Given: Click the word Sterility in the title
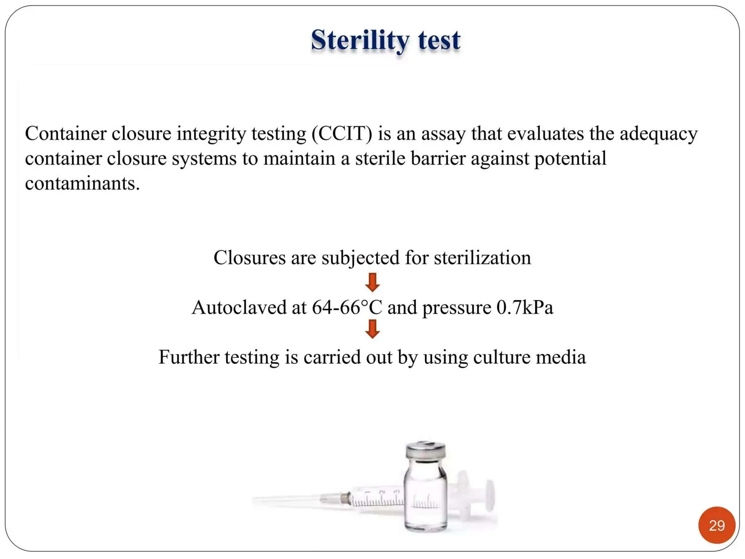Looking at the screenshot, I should click(359, 40).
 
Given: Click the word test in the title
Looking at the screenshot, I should click(439, 40).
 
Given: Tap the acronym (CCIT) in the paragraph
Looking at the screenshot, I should click(342, 134).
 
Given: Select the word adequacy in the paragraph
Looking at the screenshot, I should click(658, 134).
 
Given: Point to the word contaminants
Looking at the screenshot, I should click(82, 183).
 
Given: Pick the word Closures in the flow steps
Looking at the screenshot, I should click(249, 258).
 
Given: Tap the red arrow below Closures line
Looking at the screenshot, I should click(372, 282).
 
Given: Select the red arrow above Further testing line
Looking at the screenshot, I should click(372, 329).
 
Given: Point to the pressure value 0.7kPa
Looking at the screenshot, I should click(525, 308).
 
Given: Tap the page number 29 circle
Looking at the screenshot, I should click(716, 525).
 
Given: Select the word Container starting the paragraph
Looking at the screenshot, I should click(65, 134).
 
